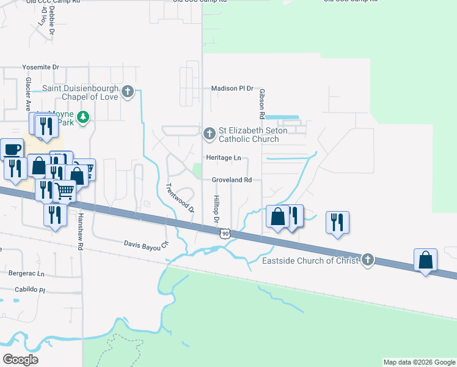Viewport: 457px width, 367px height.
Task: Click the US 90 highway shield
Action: click(225, 234)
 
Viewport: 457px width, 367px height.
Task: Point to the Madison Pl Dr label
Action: click(232, 89)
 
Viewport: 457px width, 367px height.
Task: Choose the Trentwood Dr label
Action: click(180, 198)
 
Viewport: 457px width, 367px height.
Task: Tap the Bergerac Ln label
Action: click(24, 273)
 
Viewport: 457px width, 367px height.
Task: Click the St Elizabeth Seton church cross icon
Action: click(209, 133)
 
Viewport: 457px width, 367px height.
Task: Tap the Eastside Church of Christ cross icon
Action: click(367, 260)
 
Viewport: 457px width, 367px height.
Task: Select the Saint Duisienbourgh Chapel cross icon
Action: click(128, 92)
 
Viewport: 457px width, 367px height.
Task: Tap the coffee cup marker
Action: click(11, 149)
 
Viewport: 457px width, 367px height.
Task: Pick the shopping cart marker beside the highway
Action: click(65, 190)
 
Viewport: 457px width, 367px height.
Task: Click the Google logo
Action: click(20, 359)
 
